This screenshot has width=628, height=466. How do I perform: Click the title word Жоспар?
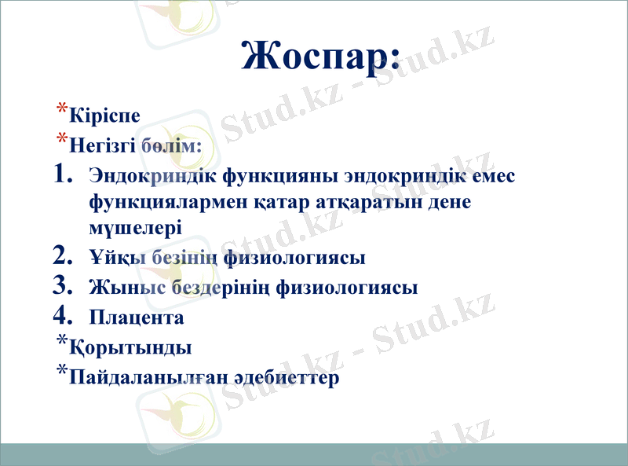click(x=321, y=54)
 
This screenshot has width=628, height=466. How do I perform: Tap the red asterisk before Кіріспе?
click(x=61, y=109)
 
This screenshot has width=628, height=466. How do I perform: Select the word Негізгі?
click(x=102, y=146)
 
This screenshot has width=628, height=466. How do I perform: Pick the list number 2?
click(x=64, y=255)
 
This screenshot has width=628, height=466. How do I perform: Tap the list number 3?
click(x=64, y=286)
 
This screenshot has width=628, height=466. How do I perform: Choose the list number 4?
click(x=64, y=316)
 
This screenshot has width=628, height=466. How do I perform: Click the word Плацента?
click(x=137, y=317)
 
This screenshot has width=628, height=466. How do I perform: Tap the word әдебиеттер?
click(x=282, y=378)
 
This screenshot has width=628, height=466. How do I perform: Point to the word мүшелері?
click(x=136, y=228)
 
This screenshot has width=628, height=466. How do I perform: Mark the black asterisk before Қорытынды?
click(x=61, y=340)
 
